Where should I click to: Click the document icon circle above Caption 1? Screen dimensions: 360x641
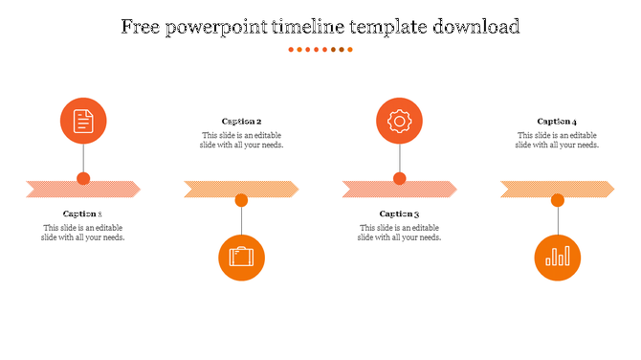[x=83, y=121]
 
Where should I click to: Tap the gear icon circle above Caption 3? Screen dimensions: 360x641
[x=399, y=121]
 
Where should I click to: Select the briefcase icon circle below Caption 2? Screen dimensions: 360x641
[x=241, y=257]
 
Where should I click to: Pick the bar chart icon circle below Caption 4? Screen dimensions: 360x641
[x=557, y=257]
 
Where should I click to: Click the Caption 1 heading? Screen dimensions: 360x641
[x=83, y=214]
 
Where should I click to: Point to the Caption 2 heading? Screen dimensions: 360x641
[x=241, y=122]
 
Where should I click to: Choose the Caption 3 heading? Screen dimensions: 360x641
[x=399, y=214]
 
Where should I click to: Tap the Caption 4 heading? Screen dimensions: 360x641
[x=557, y=122]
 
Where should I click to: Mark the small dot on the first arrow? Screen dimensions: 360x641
[x=83, y=178]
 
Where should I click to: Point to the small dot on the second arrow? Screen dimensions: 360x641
[x=241, y=200]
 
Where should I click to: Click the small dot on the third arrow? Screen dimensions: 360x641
[x=399, y=178]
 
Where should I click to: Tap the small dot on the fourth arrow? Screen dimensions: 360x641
[x=557, y=200]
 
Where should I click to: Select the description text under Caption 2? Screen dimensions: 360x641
[x=241, y=140]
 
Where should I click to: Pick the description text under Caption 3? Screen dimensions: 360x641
[x=399, y=233]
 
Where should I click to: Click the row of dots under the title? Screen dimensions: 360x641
[x=320, y=49]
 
